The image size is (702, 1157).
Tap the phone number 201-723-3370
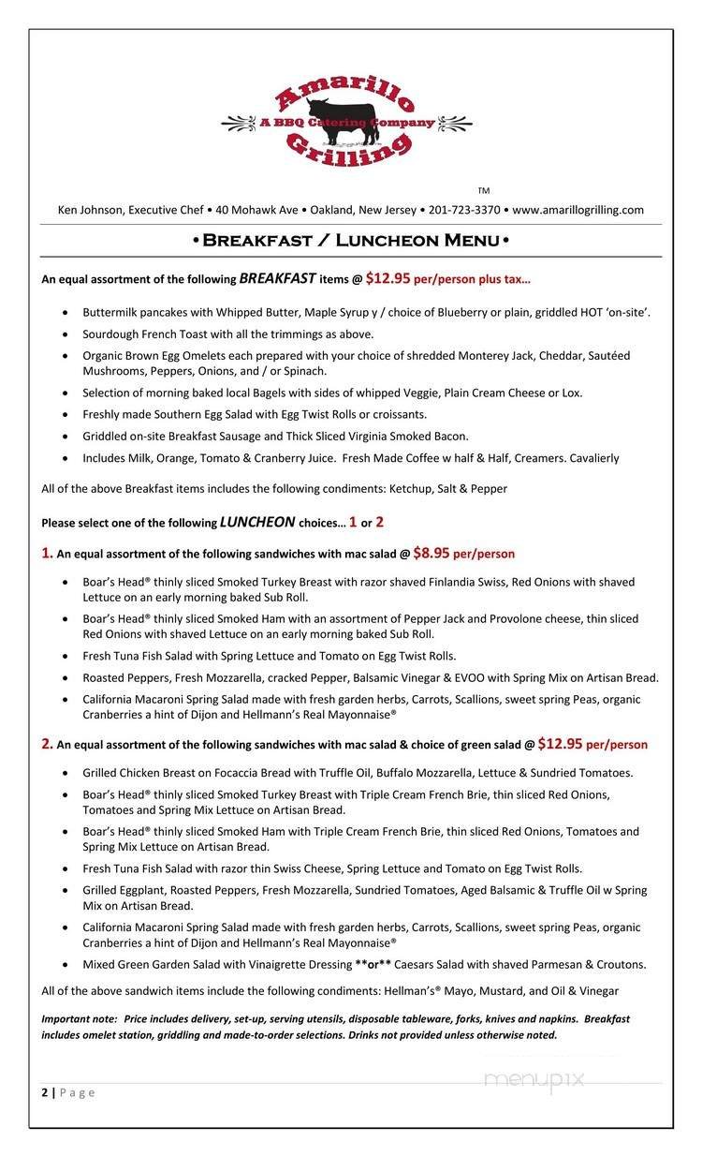[464, 210]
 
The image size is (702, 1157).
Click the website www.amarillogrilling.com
[578, 210]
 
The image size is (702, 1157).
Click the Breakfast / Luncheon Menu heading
[351, 241]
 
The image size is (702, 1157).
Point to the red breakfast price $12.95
[388, 278]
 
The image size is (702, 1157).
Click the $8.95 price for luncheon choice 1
[431, 554]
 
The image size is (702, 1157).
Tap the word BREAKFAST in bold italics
[277, 278]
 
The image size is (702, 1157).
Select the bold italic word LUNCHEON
[257, 523]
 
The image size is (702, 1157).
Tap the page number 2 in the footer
[45, 1092]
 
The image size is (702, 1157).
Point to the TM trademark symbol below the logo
[483, 191]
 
